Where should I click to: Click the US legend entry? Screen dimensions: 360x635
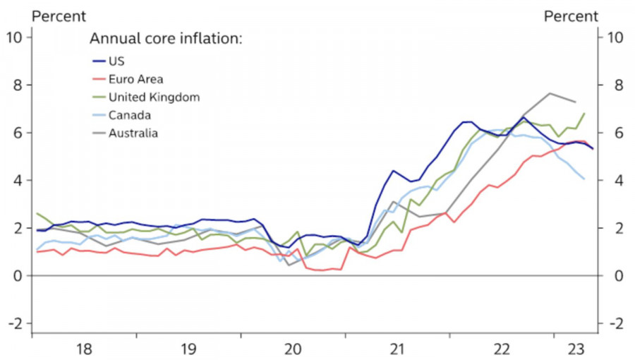116,61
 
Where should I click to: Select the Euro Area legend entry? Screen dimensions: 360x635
136,79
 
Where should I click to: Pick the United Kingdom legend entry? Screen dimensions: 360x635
154,97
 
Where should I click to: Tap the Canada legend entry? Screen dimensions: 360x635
130,114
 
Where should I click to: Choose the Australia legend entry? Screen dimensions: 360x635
133,132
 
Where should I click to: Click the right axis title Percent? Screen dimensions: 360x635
571,16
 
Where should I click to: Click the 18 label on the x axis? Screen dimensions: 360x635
84,349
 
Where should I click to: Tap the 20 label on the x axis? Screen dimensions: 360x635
293,349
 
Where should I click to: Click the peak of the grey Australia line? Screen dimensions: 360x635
550,93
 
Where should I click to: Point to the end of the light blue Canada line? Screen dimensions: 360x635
584,179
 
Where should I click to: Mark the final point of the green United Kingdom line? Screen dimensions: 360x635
584,113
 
